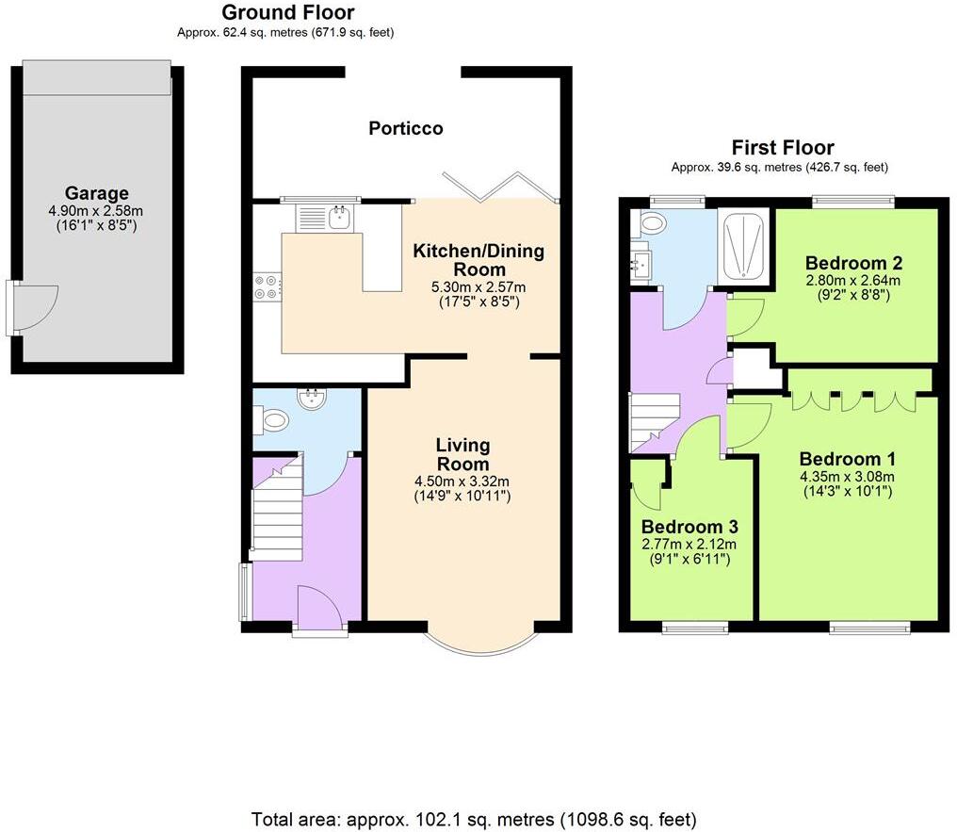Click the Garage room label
click(x=96, y=193)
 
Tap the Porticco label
click(x=405, y=128)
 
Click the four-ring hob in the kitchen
click(x=266, y=285)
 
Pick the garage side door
click(x=30, y=307)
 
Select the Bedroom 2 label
click(x=848, y=263)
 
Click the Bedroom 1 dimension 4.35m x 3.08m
click(x=848, y=476)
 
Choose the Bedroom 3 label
click(x=689, y=526)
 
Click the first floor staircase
click(x=654, y=420)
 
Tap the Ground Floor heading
click(x=287, y=12)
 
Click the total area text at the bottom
click(x=474, y=818)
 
